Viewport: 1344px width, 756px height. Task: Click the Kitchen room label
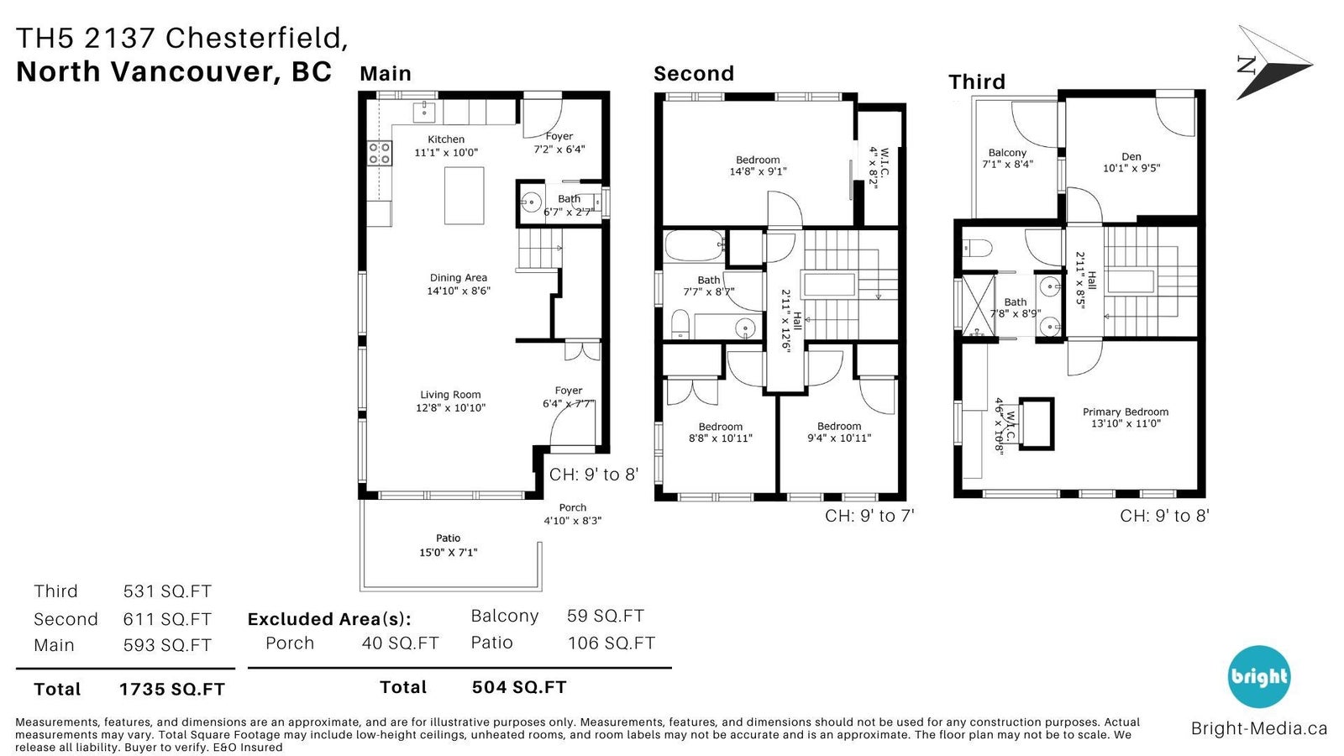click(x=446, y=139)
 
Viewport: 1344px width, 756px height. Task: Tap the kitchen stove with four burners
click(x=380, y=152)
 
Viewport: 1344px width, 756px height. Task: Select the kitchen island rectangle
click(x=464, y=196)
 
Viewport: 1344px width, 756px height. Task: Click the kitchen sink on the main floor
click(x=424, y=112)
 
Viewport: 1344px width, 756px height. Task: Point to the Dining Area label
click(x=459, y=278)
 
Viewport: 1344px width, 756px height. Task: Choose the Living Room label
click(x=450, y=395)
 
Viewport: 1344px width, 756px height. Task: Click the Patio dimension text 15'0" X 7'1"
click(x=449, y=552)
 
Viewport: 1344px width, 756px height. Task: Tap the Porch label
click(x=572, y=507)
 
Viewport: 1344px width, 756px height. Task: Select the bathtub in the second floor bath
click(x=694, y=245)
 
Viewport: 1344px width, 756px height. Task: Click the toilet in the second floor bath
click(x=680, y=324)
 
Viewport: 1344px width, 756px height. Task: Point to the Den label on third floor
click(x=1131, y=156)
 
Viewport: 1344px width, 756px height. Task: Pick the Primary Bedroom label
click(x=1126, y=412)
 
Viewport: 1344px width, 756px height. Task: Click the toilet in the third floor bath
click(x=977, y=248)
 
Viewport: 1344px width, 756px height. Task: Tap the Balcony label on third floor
click(x=1007, y=153)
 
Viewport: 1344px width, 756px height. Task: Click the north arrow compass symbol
click(x=1273, y=63)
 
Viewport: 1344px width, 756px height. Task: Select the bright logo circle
click(x=1258, y=677)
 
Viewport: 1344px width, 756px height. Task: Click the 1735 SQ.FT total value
click(x=171, y=690)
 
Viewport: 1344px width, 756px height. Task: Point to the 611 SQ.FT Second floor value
click(x=167, y=619)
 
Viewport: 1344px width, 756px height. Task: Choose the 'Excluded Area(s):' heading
click(x=329, y=619)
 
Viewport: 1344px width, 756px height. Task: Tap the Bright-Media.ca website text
click(x=1259, y=728)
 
